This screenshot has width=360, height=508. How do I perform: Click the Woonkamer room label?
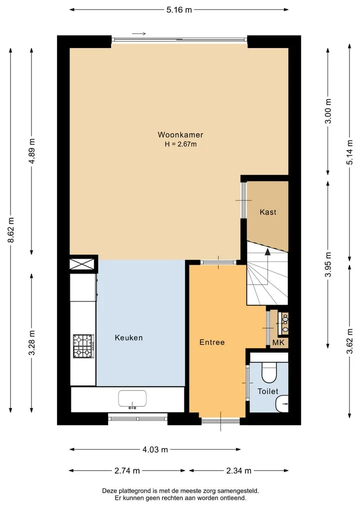180,134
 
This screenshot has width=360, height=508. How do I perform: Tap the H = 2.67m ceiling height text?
180,144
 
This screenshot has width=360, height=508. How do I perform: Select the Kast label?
268,212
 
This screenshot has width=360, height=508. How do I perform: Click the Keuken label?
129,338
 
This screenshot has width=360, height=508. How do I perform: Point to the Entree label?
212,342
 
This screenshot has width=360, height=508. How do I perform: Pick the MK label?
278,343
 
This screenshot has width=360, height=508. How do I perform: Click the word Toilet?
268,392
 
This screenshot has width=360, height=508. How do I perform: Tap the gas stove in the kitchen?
83,346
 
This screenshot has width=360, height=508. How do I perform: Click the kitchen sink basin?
132,399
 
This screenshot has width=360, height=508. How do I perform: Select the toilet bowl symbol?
269,372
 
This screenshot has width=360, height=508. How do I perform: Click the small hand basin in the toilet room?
282,404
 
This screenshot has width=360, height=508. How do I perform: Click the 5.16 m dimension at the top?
179,9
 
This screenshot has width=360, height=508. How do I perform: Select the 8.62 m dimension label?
11,230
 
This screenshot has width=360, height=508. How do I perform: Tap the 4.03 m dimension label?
155,450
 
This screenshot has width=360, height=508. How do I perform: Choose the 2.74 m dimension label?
127,471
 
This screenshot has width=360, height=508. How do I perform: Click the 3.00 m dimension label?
328,111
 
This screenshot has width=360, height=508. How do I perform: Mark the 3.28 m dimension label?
32,343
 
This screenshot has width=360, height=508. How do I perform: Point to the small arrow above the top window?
139,33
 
